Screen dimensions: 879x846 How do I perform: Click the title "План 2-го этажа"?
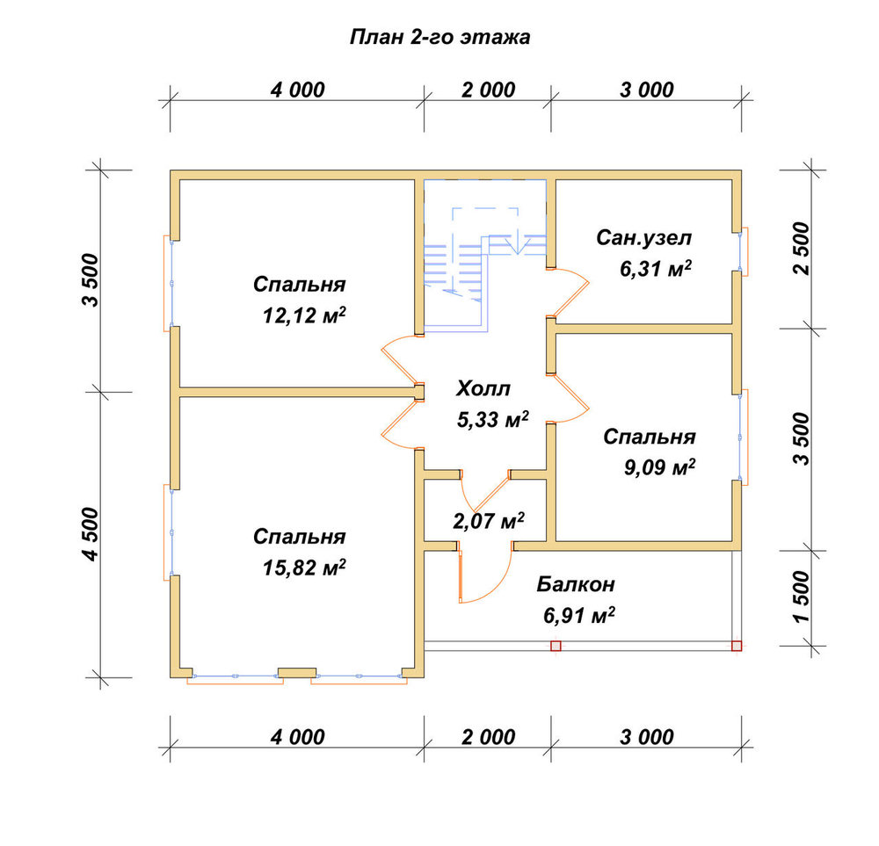point(440,38)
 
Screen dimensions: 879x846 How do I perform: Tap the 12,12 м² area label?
point(304,316)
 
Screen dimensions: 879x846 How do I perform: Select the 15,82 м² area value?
point(304,568)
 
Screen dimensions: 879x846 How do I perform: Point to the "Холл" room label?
point(483,388)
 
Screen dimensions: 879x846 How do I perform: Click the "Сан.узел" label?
point(644,238)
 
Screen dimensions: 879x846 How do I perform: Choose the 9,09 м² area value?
point(660,466)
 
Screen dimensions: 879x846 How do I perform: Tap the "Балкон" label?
point(576,584)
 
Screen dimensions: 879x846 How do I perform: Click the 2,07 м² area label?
point(489,521)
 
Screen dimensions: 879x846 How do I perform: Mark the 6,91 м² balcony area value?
point(579,616)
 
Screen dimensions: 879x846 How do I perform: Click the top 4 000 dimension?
point(298,90)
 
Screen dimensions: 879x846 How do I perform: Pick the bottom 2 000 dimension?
point(488,737)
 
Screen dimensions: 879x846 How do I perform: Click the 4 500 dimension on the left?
point(91,534)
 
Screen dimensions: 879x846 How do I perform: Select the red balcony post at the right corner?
point(737,646)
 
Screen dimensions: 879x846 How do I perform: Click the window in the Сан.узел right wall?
point(744,251)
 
